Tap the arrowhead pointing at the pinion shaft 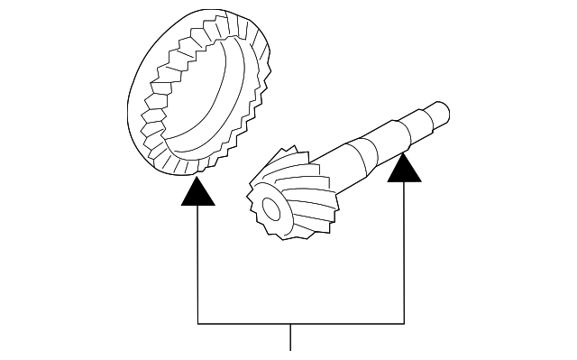tap(405, 167)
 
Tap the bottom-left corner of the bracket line tap(197, 322)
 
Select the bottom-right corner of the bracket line tap(405, 322)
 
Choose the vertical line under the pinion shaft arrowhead tap(405, 253)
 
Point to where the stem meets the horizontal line tap(290, 322)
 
